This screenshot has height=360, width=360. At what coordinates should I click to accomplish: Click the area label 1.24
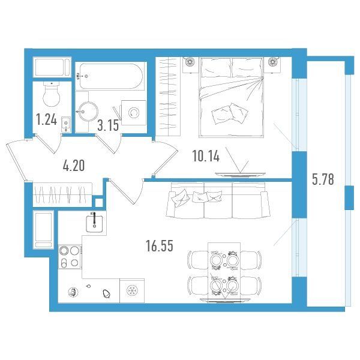(46, 120)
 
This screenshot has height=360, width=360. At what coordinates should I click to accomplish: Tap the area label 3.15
(108, 125)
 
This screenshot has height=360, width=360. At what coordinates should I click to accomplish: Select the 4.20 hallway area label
(74, 166)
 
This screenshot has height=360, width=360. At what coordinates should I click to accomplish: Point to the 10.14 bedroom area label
(206, 156)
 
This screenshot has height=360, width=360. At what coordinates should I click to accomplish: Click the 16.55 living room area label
(160, 246)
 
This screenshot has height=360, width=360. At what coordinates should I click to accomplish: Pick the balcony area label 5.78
(323, 179)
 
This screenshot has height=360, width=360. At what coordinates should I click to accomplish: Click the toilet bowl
(52, 94)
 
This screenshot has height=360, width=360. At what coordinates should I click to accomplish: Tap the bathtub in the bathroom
(111, 76)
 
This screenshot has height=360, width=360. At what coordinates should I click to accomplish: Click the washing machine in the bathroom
(134, 113)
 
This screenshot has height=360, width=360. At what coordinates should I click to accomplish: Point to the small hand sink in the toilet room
(66, 124)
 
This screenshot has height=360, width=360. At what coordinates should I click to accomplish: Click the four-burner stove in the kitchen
(70, 256)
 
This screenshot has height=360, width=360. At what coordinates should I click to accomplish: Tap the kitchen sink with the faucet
(94, 222)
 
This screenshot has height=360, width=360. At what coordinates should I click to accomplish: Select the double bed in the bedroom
(231, 97)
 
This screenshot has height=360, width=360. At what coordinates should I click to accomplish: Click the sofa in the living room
(218, 200)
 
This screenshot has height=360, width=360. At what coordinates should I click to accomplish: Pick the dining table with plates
(224, 272)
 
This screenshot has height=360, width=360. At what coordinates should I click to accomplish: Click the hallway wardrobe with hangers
(62, 194)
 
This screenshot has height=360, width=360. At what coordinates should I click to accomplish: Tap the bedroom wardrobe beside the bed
(169, 97)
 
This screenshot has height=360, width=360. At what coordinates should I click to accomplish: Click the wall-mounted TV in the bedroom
(240, 175)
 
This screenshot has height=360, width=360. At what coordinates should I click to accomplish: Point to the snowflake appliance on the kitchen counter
(132, 290)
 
